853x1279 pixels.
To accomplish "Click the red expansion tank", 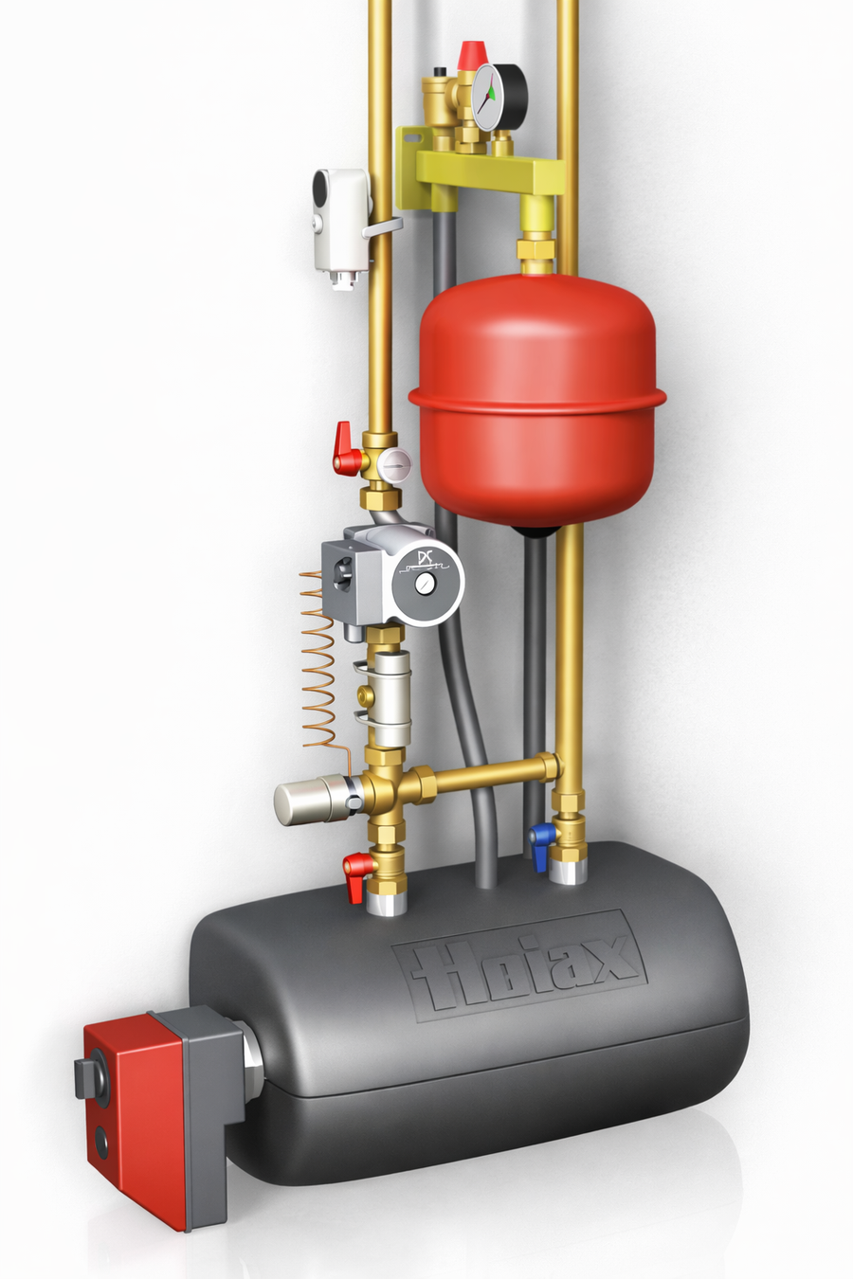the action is coord(537,400).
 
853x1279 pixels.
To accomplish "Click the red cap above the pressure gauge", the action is coord(473,54).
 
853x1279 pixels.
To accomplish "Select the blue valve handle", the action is coord(540,847).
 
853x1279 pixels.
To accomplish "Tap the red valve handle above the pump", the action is coord(346,449).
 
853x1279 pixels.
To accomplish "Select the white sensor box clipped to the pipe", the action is coord(340,226).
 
